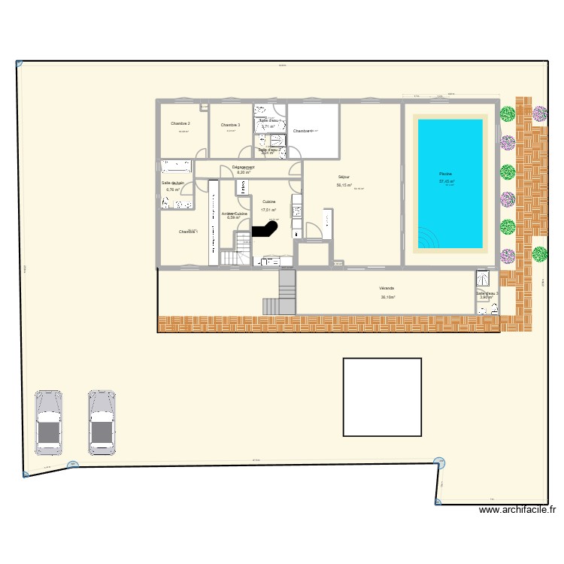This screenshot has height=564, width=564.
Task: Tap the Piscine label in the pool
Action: tap(446, 174)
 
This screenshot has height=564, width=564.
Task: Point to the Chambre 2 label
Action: tap(180, 123)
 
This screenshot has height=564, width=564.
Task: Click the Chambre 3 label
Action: tap(230, 124)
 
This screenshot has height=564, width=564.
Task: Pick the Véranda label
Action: tap(387, 288)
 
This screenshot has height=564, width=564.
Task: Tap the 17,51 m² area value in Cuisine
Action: tap(268, 211)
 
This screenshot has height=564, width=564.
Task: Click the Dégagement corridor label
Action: tap(243, 166)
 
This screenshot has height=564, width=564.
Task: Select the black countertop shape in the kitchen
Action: tap(265, 231)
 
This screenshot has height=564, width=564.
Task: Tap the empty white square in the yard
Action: tap(382, 396)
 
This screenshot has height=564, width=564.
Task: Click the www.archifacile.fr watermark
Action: tap(517, 510)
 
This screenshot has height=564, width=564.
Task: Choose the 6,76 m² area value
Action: tap(173, 190)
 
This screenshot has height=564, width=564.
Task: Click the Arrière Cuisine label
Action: tap(235, 214)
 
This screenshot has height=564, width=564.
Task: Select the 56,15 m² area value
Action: tap(345, 185)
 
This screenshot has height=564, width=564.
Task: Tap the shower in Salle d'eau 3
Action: tap(479, 279)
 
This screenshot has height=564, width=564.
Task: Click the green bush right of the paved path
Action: tap(539, 253)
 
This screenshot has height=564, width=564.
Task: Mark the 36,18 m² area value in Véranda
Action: tap(388, 297)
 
